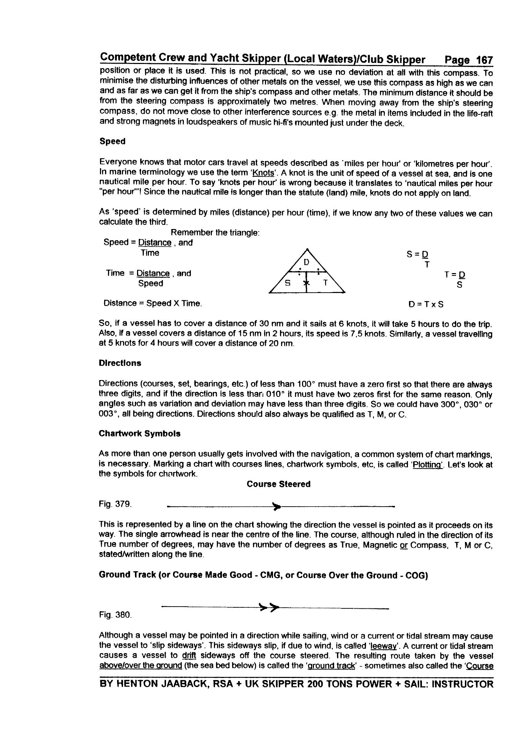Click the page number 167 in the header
(x=484, y=60)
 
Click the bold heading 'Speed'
(x=112, y=141)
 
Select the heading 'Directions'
(x=120, y=363)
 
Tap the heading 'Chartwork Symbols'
(x=139, y=434)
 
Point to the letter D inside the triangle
(x=306, y=262)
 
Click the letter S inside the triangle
(x=288, y=283)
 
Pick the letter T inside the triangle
(x=325, y=283)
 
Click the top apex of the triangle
(x=307, y=249)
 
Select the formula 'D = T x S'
(x=426, y=304)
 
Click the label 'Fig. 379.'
(x=115, y=504)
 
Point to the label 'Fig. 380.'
(x=115, y=615)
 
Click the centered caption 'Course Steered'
(x=278, y=484)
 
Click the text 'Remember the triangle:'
(x=215, y=233)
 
